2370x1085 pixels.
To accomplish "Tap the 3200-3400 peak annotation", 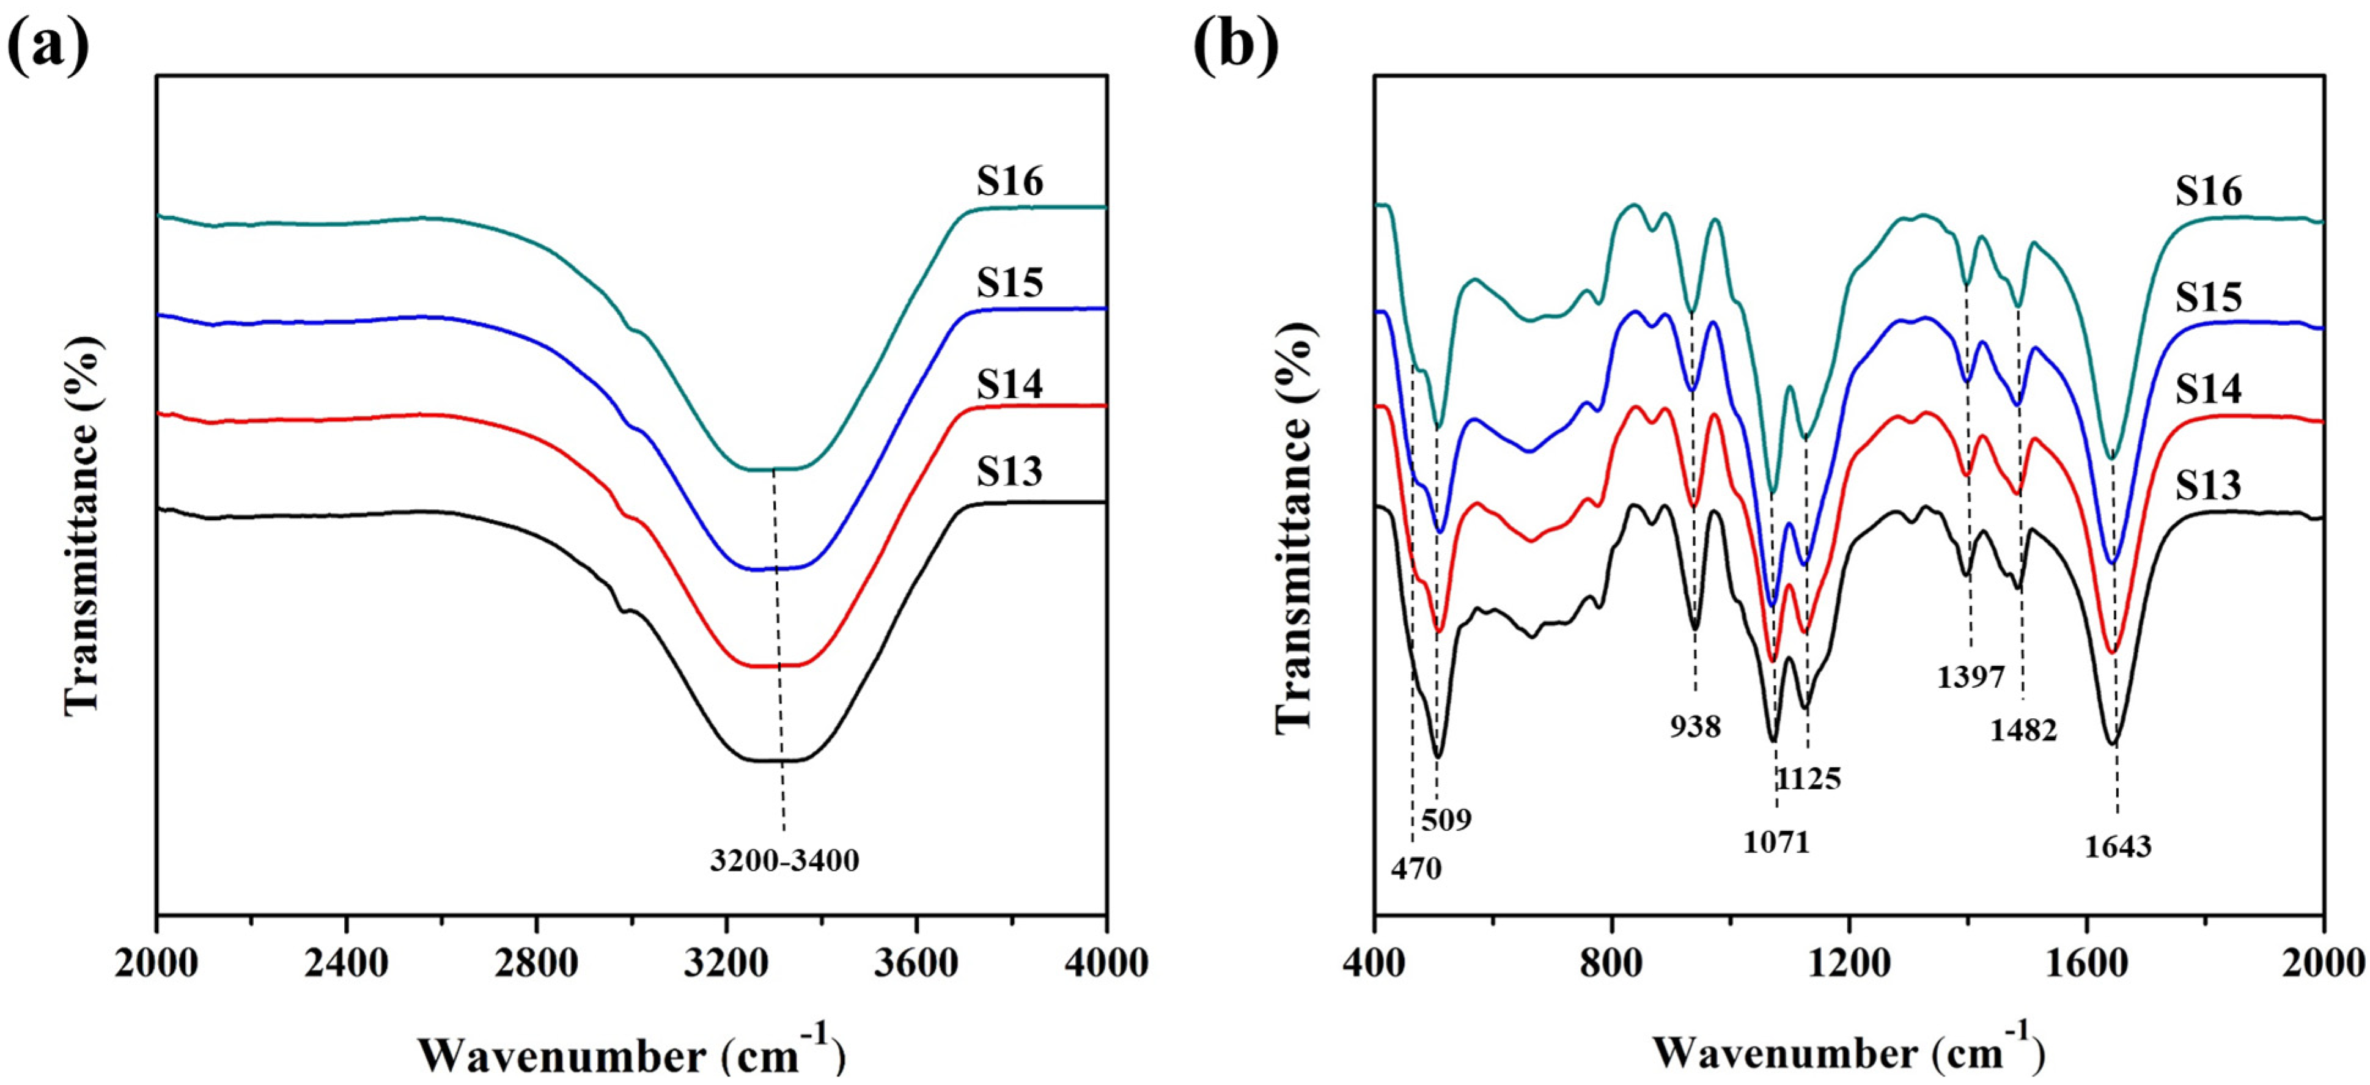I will point(784,861).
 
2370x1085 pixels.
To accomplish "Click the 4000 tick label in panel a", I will point(1106,963).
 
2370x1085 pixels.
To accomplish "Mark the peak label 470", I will point(1416,869).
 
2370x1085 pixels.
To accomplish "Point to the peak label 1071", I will point(1776,842).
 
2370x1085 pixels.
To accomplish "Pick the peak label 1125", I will point(1809,779).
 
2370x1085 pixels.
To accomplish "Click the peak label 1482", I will point(2023,730).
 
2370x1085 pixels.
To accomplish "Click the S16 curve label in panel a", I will point(1010,182).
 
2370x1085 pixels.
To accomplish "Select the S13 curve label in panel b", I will point(2208,485).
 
